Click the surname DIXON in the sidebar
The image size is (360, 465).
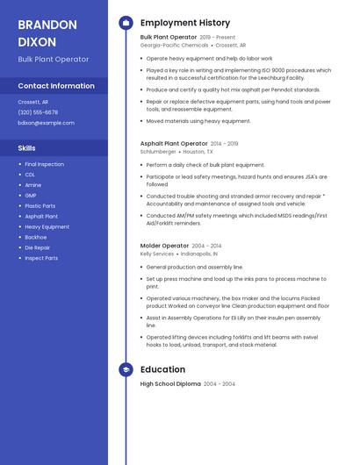37,41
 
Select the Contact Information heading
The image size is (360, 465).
56,86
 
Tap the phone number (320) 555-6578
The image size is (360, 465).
38,112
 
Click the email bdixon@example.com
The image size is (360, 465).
46,123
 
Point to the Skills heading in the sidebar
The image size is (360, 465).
27,148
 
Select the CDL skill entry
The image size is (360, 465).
31,175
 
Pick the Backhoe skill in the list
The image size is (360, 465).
36,237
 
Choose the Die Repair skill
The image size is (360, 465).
38,247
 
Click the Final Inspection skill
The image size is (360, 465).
44,164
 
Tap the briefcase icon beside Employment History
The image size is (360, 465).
126,22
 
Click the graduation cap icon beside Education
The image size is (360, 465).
126,369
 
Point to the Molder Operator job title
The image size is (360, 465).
164,246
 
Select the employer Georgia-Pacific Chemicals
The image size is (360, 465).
174,46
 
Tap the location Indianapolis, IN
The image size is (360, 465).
199,254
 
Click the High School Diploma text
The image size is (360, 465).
170,384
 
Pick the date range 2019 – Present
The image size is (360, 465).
218,38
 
